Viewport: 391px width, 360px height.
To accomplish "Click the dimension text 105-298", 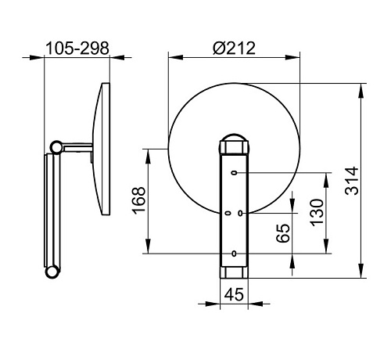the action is (77, 49).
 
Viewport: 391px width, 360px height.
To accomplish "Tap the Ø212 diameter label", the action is (234, 49).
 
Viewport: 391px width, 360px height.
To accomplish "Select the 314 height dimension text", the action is (352, 181).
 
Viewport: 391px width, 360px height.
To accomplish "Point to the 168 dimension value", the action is (138, 200).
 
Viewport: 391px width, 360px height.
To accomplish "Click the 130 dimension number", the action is (317, 213).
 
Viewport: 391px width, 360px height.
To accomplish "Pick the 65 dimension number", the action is (283, 233).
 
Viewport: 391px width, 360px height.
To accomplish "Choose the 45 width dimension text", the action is (234, 294).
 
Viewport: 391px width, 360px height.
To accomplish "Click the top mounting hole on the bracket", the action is (235, 173).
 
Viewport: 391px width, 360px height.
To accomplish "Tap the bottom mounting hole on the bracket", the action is (234, 254).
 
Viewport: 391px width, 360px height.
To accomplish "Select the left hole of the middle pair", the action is (228, 213).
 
